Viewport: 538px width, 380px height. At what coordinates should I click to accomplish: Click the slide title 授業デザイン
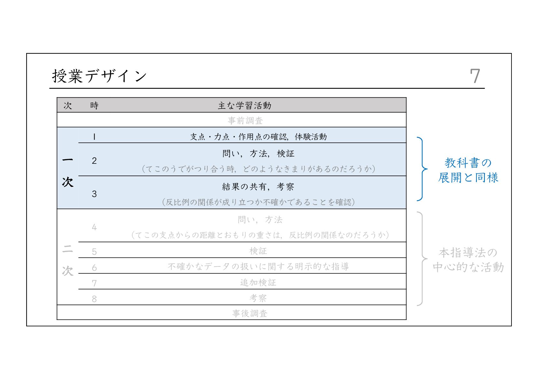click(x=99, y=76)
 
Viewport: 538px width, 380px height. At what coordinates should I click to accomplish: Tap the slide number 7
click(x=475, y=76)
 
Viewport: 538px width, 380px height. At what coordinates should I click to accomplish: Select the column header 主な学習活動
click(x=244, y=105)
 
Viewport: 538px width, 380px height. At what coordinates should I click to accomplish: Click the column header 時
click(x=94, y=105)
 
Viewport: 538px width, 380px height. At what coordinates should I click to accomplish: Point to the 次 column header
click(x=68, y=105)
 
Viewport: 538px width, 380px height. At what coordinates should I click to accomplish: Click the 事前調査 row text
click(x=245, y=120)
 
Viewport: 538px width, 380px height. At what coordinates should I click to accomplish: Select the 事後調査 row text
click(x=250, y=313)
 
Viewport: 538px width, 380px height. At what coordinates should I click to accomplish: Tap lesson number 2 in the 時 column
click(x=94, y=161)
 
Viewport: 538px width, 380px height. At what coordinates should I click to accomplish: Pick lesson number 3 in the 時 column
click(x=94, y=194)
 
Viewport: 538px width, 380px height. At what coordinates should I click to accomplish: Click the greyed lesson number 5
click(x=94, y=252)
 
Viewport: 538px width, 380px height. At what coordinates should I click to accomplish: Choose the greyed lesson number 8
click(x=94, y=299)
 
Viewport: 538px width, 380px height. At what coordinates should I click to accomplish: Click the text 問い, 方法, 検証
click(x=258, y=154)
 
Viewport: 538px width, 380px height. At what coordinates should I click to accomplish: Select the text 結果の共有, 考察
click(x=258, y=186)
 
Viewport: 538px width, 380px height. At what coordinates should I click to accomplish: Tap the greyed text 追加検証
click(x=258, y=282)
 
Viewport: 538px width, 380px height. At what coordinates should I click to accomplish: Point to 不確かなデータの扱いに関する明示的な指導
click(x=258, y=266)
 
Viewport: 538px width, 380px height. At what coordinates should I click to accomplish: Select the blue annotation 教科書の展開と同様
click(x=468, y=170)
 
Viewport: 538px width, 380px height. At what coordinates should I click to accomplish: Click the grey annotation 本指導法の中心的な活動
click(x=468, y=260)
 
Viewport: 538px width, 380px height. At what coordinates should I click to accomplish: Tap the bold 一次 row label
click(x=68, y=171)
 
